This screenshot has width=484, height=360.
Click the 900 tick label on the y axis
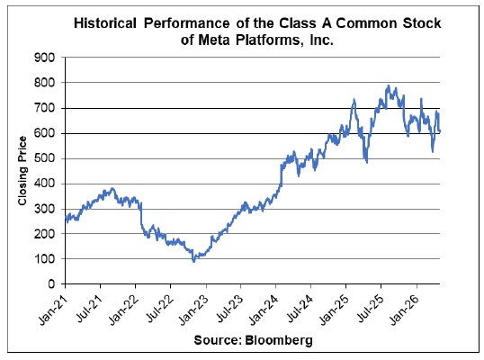coord(44,58)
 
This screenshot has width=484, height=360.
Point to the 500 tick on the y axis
coord(44,158)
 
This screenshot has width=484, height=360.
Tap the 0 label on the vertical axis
coord(51,283)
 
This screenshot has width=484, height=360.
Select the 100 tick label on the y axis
coord(44,258)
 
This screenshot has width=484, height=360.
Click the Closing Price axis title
coord(22,171)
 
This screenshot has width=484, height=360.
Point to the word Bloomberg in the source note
coord(279,340)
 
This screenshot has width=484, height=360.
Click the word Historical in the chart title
coord(105,23)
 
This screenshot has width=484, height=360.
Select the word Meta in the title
coord(214,40)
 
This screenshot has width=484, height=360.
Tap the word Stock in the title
coord(422,23)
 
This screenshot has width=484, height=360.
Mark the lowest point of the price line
coord(193,262)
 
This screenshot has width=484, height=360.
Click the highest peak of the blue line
coord(389,85)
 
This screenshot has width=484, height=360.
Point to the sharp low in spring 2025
coord(367,162)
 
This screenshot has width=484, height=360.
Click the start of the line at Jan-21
coord(66,218)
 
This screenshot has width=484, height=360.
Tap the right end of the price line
coord(440,131)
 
